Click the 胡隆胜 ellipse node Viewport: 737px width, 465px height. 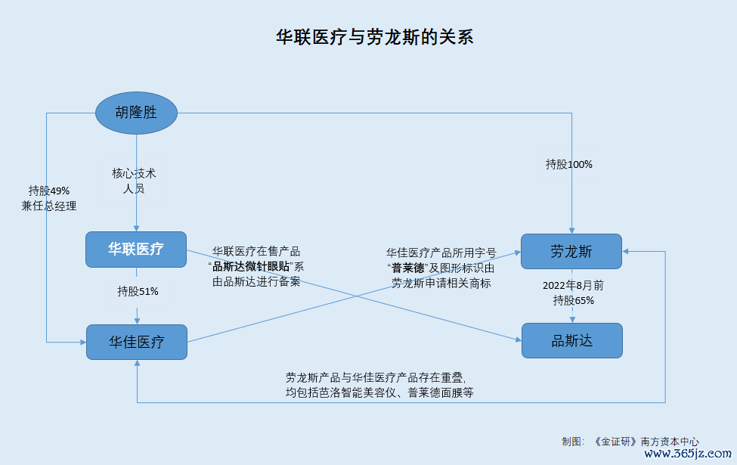(136, 113)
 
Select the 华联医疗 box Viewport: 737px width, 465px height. (136, 250)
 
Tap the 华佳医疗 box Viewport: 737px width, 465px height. (137, 342)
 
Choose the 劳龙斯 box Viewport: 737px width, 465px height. (571, 252)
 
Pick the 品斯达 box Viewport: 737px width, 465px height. (572, 340)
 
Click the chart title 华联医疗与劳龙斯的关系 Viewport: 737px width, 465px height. (375, 37)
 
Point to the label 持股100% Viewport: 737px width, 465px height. (568, 164)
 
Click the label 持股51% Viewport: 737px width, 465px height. (138, 292)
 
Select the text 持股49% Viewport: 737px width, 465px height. (49, 191)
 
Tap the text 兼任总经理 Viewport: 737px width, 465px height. (49, 206)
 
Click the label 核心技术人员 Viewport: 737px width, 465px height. (134, 181)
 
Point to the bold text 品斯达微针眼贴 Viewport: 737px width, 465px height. (251, 267)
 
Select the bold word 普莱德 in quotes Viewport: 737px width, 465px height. (408, 268)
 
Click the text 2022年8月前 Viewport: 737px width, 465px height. (573, 285)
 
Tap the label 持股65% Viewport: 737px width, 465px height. (574, 300)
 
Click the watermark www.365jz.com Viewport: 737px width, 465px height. (688, 453)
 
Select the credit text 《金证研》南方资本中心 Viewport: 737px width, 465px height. (646, 442)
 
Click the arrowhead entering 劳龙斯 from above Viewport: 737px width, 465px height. (571, 231)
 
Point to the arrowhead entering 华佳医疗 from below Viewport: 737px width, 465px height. (137, 363)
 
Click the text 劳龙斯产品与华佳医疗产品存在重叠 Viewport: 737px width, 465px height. (375, 377)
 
